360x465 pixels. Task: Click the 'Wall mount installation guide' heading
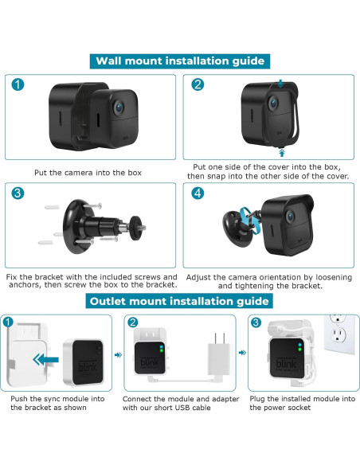[x=179, y=61]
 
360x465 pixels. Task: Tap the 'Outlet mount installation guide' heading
[x=179, y=301]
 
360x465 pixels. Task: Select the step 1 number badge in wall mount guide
[x=17, y=85]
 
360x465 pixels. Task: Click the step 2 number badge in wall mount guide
[x=197, y=85]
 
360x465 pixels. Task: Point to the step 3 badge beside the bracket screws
[x=17, y=194]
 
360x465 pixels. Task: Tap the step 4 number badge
[x=197, y=194]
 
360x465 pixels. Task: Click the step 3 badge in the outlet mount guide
[x=256, y=322]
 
